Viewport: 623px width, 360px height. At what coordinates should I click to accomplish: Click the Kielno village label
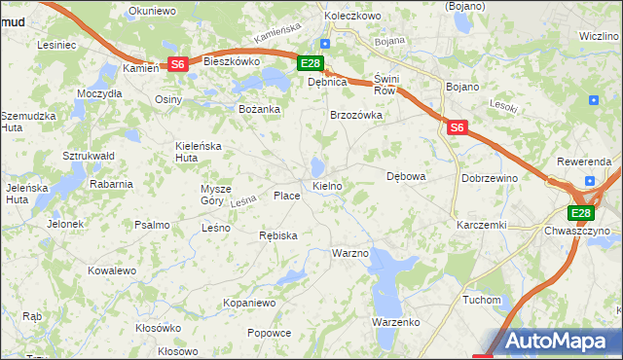326,185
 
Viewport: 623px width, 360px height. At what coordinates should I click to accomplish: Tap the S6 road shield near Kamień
177,64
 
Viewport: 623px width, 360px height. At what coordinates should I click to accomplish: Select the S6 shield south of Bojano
458,126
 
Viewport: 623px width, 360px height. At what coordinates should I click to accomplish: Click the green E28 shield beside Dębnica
310,64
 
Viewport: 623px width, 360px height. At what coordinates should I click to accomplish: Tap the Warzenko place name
394,321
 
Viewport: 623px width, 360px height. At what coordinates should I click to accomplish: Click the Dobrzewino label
490,179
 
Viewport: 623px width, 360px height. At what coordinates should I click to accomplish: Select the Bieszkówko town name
233,60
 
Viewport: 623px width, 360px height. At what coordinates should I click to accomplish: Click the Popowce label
269,333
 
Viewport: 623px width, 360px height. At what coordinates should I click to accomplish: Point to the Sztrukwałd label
90,156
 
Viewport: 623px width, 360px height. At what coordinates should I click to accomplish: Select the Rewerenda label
584,161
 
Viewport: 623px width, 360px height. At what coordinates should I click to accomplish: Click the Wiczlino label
599,36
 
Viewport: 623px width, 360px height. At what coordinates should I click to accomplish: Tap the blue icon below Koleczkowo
325,44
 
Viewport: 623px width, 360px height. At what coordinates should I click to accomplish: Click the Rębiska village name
278,235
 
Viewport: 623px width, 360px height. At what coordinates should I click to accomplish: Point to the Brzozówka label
356,115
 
